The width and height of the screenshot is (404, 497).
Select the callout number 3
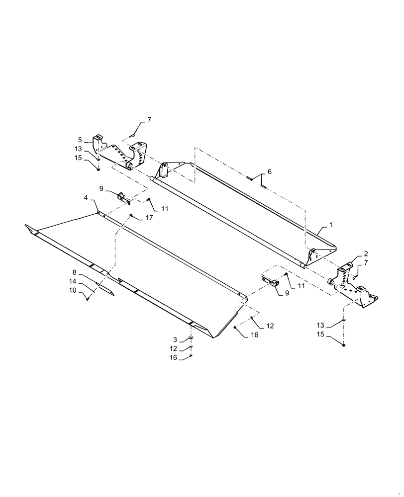(175, 339)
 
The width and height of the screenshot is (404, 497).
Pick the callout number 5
(79, 140)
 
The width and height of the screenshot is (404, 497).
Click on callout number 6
(269, 171)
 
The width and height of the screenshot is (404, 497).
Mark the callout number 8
(75, 272)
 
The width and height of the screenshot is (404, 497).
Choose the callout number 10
(74, 290)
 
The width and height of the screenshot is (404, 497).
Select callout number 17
(149, 218)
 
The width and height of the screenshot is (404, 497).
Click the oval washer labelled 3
(190, 339)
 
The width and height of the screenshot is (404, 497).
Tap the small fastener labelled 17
(131, 215)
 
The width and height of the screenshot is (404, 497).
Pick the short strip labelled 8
(105, 289)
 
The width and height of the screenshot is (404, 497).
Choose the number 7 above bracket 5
(135, 120)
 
